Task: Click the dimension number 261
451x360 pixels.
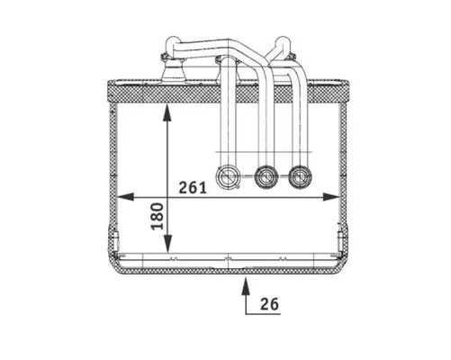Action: [193, 188]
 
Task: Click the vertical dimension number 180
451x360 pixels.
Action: [158, 217]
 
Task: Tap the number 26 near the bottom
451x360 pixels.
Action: [269, 304]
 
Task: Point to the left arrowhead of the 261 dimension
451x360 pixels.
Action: [125, 197]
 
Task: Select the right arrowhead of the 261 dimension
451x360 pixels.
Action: [331, 197]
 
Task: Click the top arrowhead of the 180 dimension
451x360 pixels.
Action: [167, 112]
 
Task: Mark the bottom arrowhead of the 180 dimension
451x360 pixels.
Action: [167, 244]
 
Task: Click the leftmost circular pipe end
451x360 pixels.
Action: [228, 176]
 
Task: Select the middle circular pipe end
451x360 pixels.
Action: [266, 176]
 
